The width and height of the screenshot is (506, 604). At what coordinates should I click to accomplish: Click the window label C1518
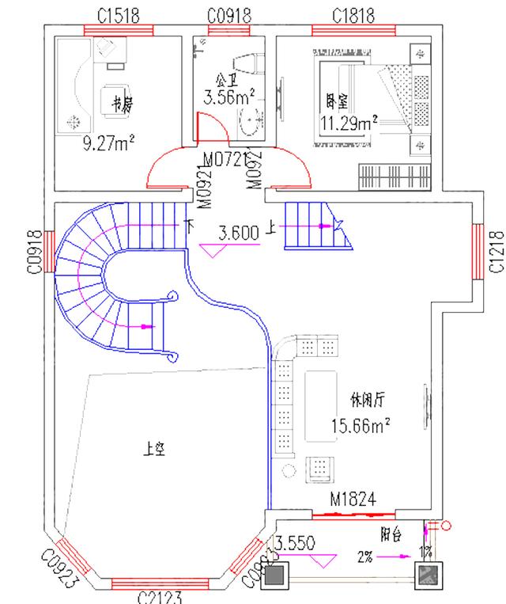[117, 15]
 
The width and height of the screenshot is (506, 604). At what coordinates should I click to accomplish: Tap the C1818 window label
[353, 15]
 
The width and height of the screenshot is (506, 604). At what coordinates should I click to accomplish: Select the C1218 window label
[496, 251]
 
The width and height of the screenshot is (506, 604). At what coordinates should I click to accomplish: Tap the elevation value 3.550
[296, 545]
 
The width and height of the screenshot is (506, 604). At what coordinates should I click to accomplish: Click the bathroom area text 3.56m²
[228, 98]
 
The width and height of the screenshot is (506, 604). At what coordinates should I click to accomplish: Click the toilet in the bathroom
[249, 65]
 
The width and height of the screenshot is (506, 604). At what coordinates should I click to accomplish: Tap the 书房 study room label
[121, 103]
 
